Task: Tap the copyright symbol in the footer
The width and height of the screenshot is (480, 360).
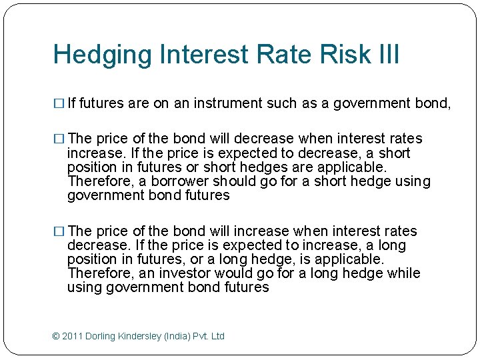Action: (x=56, y=336)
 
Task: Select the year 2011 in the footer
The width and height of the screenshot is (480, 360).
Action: (x=72, y=336)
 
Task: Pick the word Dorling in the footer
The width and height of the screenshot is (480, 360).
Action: (x=100, y=336)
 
